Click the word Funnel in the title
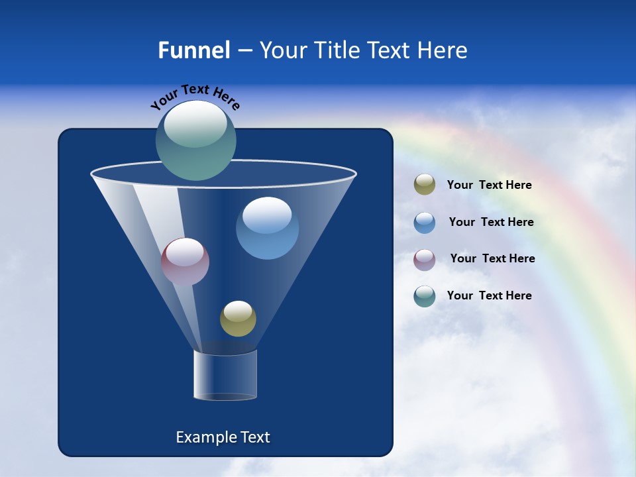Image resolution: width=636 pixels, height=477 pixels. point(194,50)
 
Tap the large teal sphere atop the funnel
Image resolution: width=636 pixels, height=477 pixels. point(195,140)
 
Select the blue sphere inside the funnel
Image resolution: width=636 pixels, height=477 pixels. point(267,229)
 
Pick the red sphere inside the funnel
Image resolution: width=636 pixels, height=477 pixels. point(185,262)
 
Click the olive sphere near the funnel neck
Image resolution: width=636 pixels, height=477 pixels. point(238,319)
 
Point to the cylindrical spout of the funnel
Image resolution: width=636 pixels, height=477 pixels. point(225,375)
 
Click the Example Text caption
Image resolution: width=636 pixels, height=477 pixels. point(223,437)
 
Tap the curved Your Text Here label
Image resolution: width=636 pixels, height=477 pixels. point(195,97)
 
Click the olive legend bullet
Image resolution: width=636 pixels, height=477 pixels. point(425,185)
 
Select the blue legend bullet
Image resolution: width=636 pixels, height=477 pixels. point(425,223)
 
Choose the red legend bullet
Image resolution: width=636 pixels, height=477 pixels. point(425,259)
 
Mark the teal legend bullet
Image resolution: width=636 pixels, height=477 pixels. point(425,296)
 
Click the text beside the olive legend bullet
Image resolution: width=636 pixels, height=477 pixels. point(489,185)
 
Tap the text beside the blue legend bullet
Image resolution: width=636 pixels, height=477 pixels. point(491,223)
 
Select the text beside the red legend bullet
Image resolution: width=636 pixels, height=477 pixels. point(492,259)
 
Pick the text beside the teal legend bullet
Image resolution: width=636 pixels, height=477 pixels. point(489,296)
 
